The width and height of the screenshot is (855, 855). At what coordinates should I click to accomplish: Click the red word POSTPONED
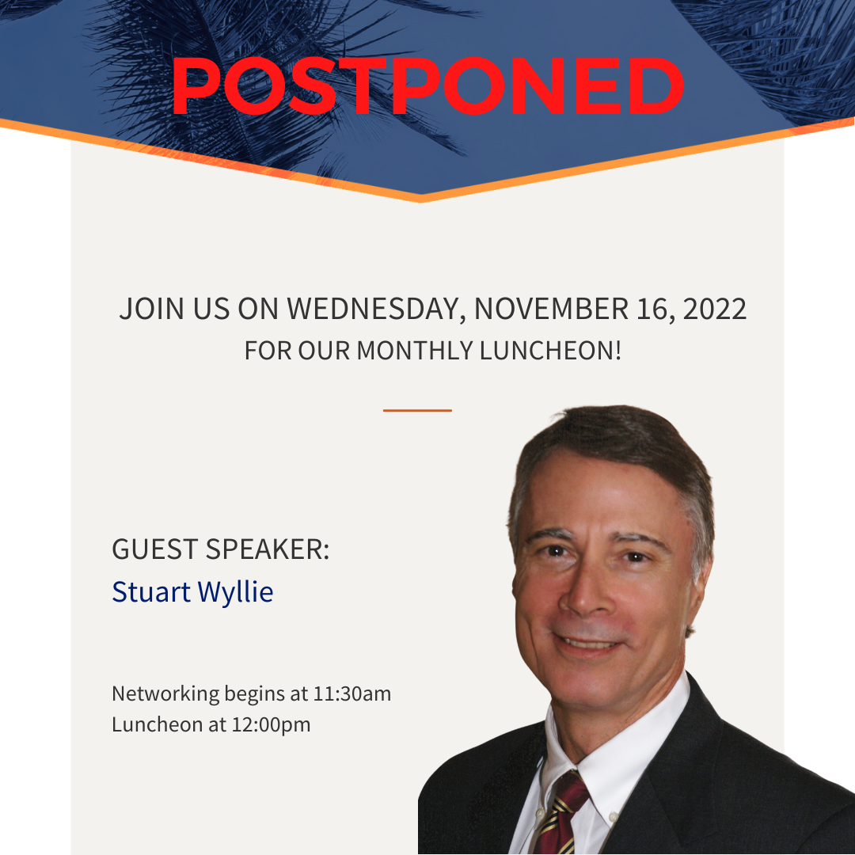click(x=427, y=86)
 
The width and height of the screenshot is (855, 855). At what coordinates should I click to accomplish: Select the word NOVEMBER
click(x=551, y=310)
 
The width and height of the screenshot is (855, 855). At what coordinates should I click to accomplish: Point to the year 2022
click(x=714, y=310)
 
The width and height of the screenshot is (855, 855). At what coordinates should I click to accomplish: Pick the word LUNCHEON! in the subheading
click(x=551, y=351)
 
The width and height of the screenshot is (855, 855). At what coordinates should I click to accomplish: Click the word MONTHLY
click(x=414, y=351)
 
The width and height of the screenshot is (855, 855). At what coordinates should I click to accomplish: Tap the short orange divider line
click(x=417, y=410)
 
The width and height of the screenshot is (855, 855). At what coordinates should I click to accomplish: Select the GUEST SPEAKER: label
click(x=220, y=549)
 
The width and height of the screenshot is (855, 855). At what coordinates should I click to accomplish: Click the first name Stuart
click(x=151, y=592)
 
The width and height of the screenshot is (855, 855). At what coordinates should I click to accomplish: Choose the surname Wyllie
click(x=235, y=593)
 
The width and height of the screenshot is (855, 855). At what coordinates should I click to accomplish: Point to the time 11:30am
click(x=351, y=694)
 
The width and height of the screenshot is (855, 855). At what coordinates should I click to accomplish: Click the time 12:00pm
click(x=271, y=725)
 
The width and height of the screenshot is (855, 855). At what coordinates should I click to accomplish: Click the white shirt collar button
click(x=613, y=817)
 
